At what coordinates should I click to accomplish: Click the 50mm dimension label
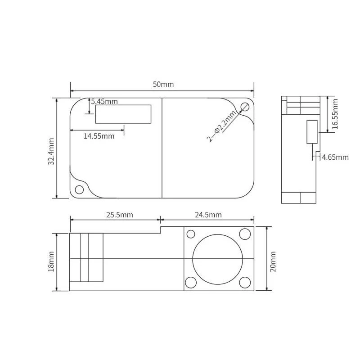coord(163,85)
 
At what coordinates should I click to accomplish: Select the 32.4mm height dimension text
coord(51,151)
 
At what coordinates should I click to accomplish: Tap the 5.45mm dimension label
coord(104,102)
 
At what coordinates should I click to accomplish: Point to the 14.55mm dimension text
coord(99,136)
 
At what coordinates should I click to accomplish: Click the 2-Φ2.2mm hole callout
coord(221,126)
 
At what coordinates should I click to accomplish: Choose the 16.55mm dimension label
coord(335,114)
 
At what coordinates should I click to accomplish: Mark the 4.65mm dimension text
coord(335,157)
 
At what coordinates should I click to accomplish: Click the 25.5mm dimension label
coord(120,215)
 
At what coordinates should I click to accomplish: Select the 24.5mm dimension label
coord(208,215)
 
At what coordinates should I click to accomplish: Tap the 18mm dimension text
coord(51,262)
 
